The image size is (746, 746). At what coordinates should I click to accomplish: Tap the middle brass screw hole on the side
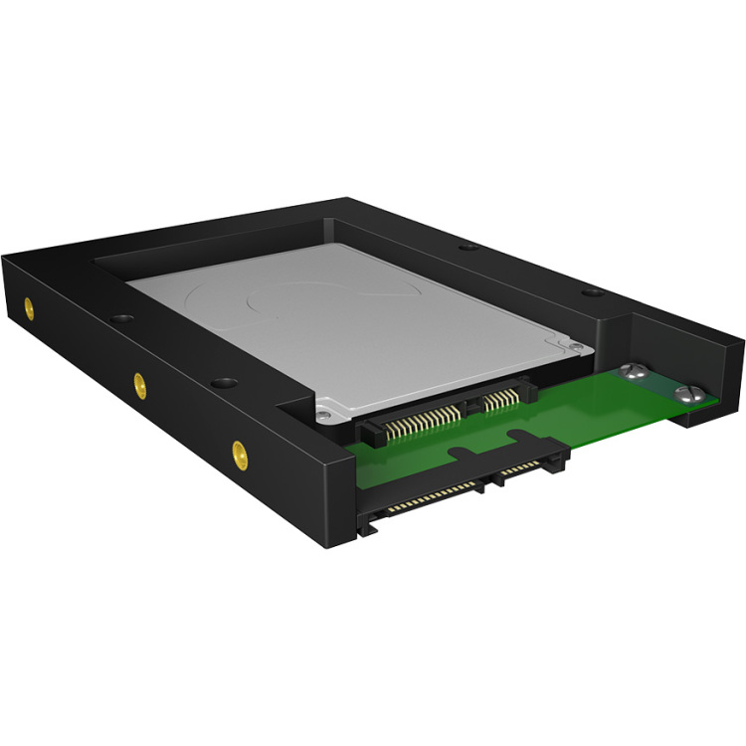(140, 383)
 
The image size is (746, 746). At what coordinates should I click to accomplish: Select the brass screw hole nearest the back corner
(29, 306)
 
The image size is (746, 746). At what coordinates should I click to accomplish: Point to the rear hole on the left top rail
(122, 319)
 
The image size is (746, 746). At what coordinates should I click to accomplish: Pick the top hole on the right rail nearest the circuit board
(592, 292)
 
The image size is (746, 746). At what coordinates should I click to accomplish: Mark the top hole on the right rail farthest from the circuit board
(466, 247)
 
